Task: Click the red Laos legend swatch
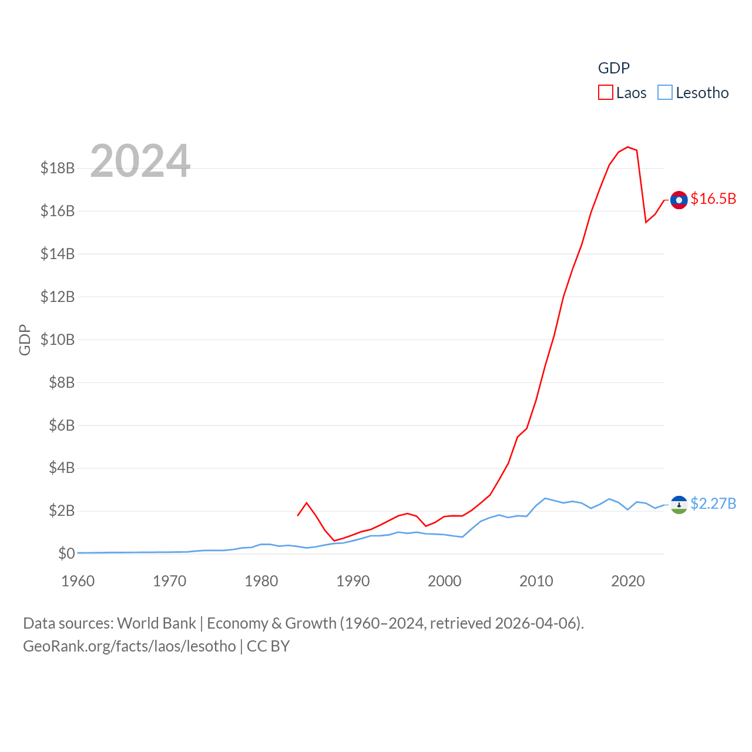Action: [605, 93]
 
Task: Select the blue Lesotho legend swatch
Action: [664, 93]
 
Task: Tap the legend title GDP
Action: [613, 68]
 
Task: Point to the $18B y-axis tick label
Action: [58, 168]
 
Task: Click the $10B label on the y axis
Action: [58, 340]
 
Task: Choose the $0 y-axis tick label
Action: [66, 553]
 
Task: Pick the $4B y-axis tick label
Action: [62, 468]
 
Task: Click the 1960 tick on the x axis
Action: [78, 581]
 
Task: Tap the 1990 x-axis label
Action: [353, 581]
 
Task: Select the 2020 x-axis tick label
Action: [628, 581]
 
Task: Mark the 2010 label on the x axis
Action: [536, 581]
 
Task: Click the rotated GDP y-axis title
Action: [25, 340]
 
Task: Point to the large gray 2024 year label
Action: [140, 161]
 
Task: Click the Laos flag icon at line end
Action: [679, 200]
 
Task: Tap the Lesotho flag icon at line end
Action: [679, 504]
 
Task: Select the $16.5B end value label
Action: [713, 199]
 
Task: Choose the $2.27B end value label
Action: [713, 503]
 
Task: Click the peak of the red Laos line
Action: [627, 147]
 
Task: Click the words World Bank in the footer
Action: [156, 623]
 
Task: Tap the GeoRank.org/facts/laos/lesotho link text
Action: [129, 646]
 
